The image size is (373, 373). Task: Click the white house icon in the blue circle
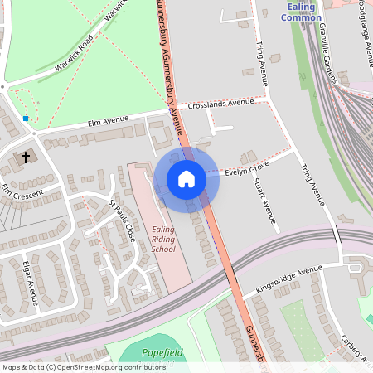point(186,179)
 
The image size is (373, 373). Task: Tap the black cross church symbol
point(26,156)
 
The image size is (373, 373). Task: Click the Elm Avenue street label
point(109,122)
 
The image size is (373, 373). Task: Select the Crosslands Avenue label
point(220,104)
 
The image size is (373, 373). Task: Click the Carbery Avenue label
point(355,349)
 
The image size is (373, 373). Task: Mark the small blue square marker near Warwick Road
point(27,119)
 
